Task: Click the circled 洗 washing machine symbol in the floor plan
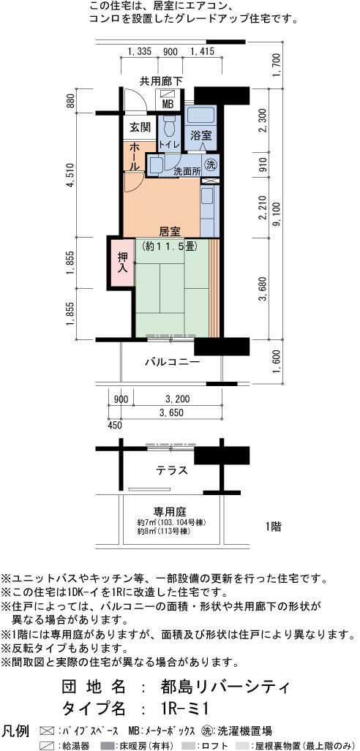point(211,165)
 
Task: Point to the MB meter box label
point(168,104)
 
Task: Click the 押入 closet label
point(124,262)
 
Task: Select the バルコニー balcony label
point(172,362)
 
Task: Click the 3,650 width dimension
point(171,412)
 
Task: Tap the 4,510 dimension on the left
point(70,177)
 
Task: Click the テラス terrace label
point(172,470)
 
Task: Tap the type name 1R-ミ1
point(184,709)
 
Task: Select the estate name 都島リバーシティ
point(225,687)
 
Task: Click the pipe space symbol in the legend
point(47,731)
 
